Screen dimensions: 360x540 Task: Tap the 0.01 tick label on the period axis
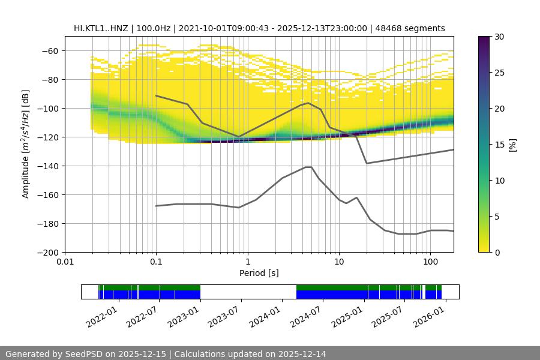tap(65, 262)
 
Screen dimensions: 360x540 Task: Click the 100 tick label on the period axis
tap(430, 262)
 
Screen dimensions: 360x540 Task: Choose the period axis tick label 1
tap(247, 262)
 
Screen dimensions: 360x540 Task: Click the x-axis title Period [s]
tap(259, 273)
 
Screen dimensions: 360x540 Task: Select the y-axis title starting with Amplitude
tap(26, 144)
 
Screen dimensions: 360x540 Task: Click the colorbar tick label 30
tap(499, 37)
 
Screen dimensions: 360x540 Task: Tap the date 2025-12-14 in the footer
tap(300, 354)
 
